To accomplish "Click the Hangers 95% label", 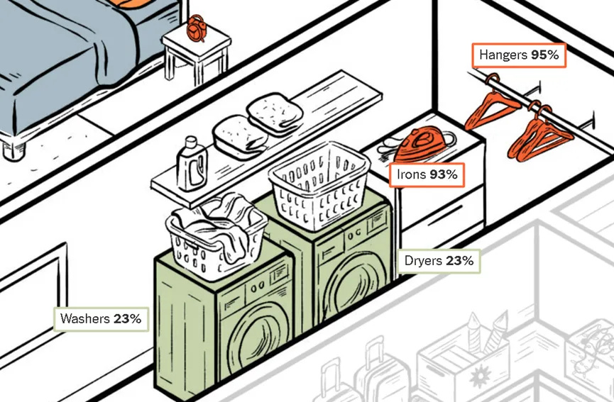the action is tap(519, 55).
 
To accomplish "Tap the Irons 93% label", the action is tap(427, 174).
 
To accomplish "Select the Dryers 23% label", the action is tap(439, 261).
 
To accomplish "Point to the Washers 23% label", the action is tap(101, 319).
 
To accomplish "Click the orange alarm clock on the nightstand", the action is tap(196, 28).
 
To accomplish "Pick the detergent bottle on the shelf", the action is tap(191, 164).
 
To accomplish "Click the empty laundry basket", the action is tap(319, 186).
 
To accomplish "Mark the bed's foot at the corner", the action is tap(13, 150).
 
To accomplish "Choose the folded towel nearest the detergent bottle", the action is tap(240, 137).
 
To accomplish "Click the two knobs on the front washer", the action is tap(257, 287).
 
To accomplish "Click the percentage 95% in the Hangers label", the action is tap(545, 55).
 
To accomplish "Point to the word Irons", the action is tap(412, 174).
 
